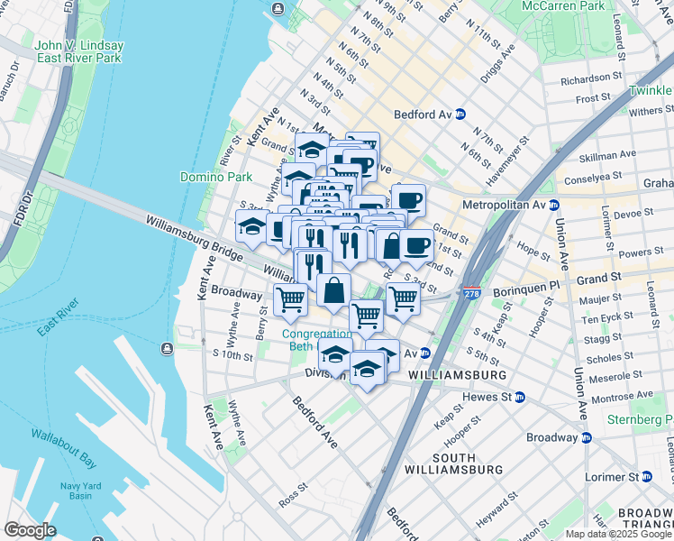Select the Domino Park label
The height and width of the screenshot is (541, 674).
click(x=215, y=178)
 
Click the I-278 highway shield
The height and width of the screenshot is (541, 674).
click(x=471, y=294)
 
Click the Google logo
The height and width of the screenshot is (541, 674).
click(x=30, y=530)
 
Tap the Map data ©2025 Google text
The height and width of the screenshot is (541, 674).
click(x=617, y=534)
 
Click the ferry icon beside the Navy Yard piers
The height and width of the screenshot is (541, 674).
click(x=166, y=349)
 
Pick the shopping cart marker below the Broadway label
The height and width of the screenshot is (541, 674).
click(x=290, y=298)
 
